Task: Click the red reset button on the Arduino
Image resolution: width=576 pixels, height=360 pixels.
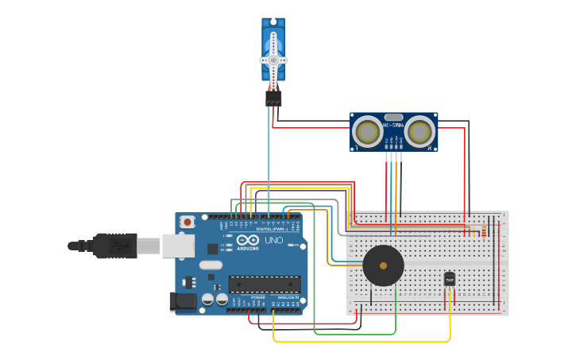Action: click(x=187, y=223)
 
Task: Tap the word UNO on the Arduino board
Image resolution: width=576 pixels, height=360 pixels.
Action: click(x=273, y=240)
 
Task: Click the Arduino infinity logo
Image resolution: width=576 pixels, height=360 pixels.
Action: click(x=247, y=240)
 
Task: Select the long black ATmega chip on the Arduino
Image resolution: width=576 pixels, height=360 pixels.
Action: click(x=265, y=284)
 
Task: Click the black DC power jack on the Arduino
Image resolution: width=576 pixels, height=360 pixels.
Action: click(x=183, y=301)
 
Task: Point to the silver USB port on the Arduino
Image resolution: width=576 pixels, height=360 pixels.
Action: click(x=178, y=246)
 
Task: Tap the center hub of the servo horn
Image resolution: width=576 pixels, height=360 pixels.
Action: click(x=273, y=60)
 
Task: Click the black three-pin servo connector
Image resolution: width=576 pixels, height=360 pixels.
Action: click(x=273, y=98)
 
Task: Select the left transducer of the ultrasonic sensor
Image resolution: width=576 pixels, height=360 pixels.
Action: click(x=368, y=130)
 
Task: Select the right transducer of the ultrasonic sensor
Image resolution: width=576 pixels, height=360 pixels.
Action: click(x=420, y=130)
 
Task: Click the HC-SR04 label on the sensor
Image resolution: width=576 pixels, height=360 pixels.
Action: click(x=394, y=125)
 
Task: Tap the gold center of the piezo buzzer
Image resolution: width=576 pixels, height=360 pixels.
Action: click(x=383, y=265)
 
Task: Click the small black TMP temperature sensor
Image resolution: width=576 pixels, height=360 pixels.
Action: click(x=450, y=279)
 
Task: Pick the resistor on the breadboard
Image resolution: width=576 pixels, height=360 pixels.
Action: click(x=484, y=230)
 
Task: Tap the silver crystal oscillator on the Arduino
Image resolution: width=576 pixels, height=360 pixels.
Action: click(x=211, y=265)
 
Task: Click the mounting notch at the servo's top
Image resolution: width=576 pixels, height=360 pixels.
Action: click(x=273, y=21)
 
